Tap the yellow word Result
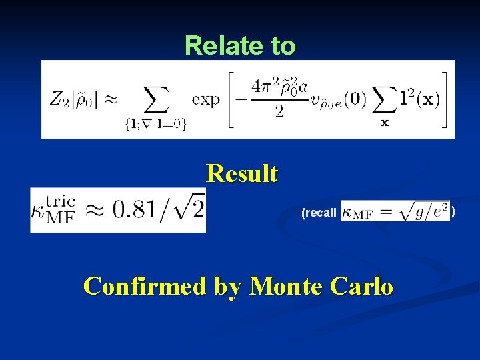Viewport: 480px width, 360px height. click(242, 174)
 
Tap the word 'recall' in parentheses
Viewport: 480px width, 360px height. click(320, 213)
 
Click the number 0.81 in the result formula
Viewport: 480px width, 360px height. click(136, 211)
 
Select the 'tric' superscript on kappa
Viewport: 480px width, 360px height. click(61, 201)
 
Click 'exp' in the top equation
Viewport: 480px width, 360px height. click(205, 99)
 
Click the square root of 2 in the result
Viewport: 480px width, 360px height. click(189, 211)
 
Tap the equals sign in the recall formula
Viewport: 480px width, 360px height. click(383, 213)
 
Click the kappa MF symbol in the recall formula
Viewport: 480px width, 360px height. click(357, 213)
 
